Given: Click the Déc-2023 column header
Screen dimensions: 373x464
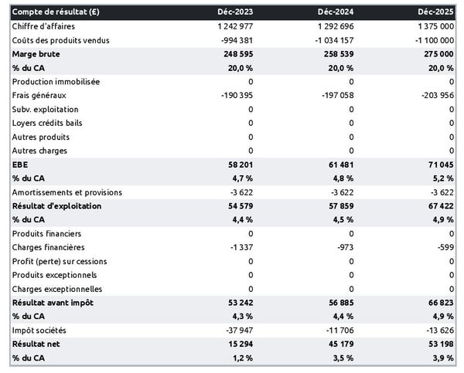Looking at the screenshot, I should (236, 12).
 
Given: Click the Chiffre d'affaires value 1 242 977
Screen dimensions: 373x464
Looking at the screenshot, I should (230, 26).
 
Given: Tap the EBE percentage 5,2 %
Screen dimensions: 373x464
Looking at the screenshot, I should (442, 178).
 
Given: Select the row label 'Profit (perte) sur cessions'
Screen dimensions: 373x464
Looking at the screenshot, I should (60, 261).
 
